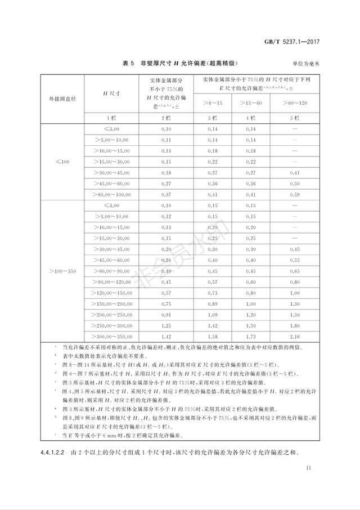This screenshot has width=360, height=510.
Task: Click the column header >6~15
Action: [x=211, y=103]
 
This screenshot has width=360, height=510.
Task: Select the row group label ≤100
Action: [x=62, y=162]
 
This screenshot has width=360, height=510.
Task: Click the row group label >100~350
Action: [x=62, y=271]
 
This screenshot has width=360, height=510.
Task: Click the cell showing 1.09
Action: [x=211, y=314]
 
